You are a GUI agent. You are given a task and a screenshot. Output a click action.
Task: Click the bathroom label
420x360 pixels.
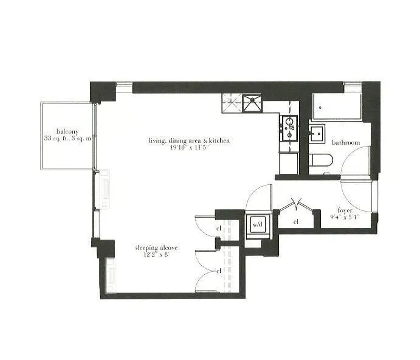tap(346, 142)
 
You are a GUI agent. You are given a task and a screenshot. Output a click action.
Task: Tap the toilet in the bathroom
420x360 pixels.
tap(320, 162)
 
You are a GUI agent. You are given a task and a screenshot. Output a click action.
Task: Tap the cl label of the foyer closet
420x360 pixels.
tap(296, 222)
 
